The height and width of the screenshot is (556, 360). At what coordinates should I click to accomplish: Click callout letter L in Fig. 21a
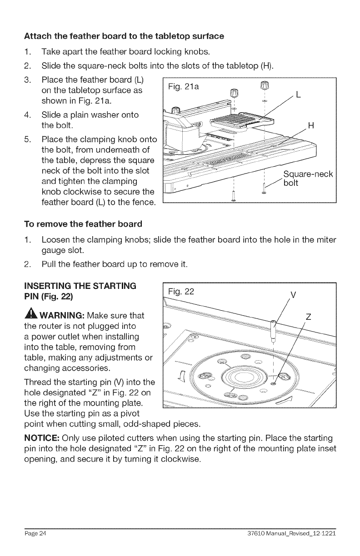pos(298,95)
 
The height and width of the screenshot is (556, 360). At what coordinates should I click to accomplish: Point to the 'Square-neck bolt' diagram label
pos(308,179)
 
